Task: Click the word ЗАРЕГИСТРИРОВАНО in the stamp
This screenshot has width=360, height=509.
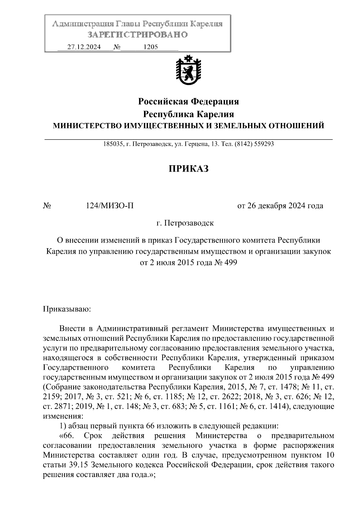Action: [138, 35]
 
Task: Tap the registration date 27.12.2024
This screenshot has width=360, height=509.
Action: [84, 47]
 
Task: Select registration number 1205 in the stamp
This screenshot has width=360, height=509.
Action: [151, 47]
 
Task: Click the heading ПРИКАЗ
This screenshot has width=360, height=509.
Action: [188, 169]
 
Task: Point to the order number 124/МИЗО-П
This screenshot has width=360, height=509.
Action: [110, 206]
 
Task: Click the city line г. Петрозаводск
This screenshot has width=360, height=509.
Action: [185, 223]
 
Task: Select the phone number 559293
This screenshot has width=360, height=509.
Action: [264, 144]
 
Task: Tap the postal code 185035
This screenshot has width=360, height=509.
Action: [112, 144]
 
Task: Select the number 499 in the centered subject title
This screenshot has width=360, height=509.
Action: [230, 263]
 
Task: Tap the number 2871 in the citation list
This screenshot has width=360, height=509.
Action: [64, 406]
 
